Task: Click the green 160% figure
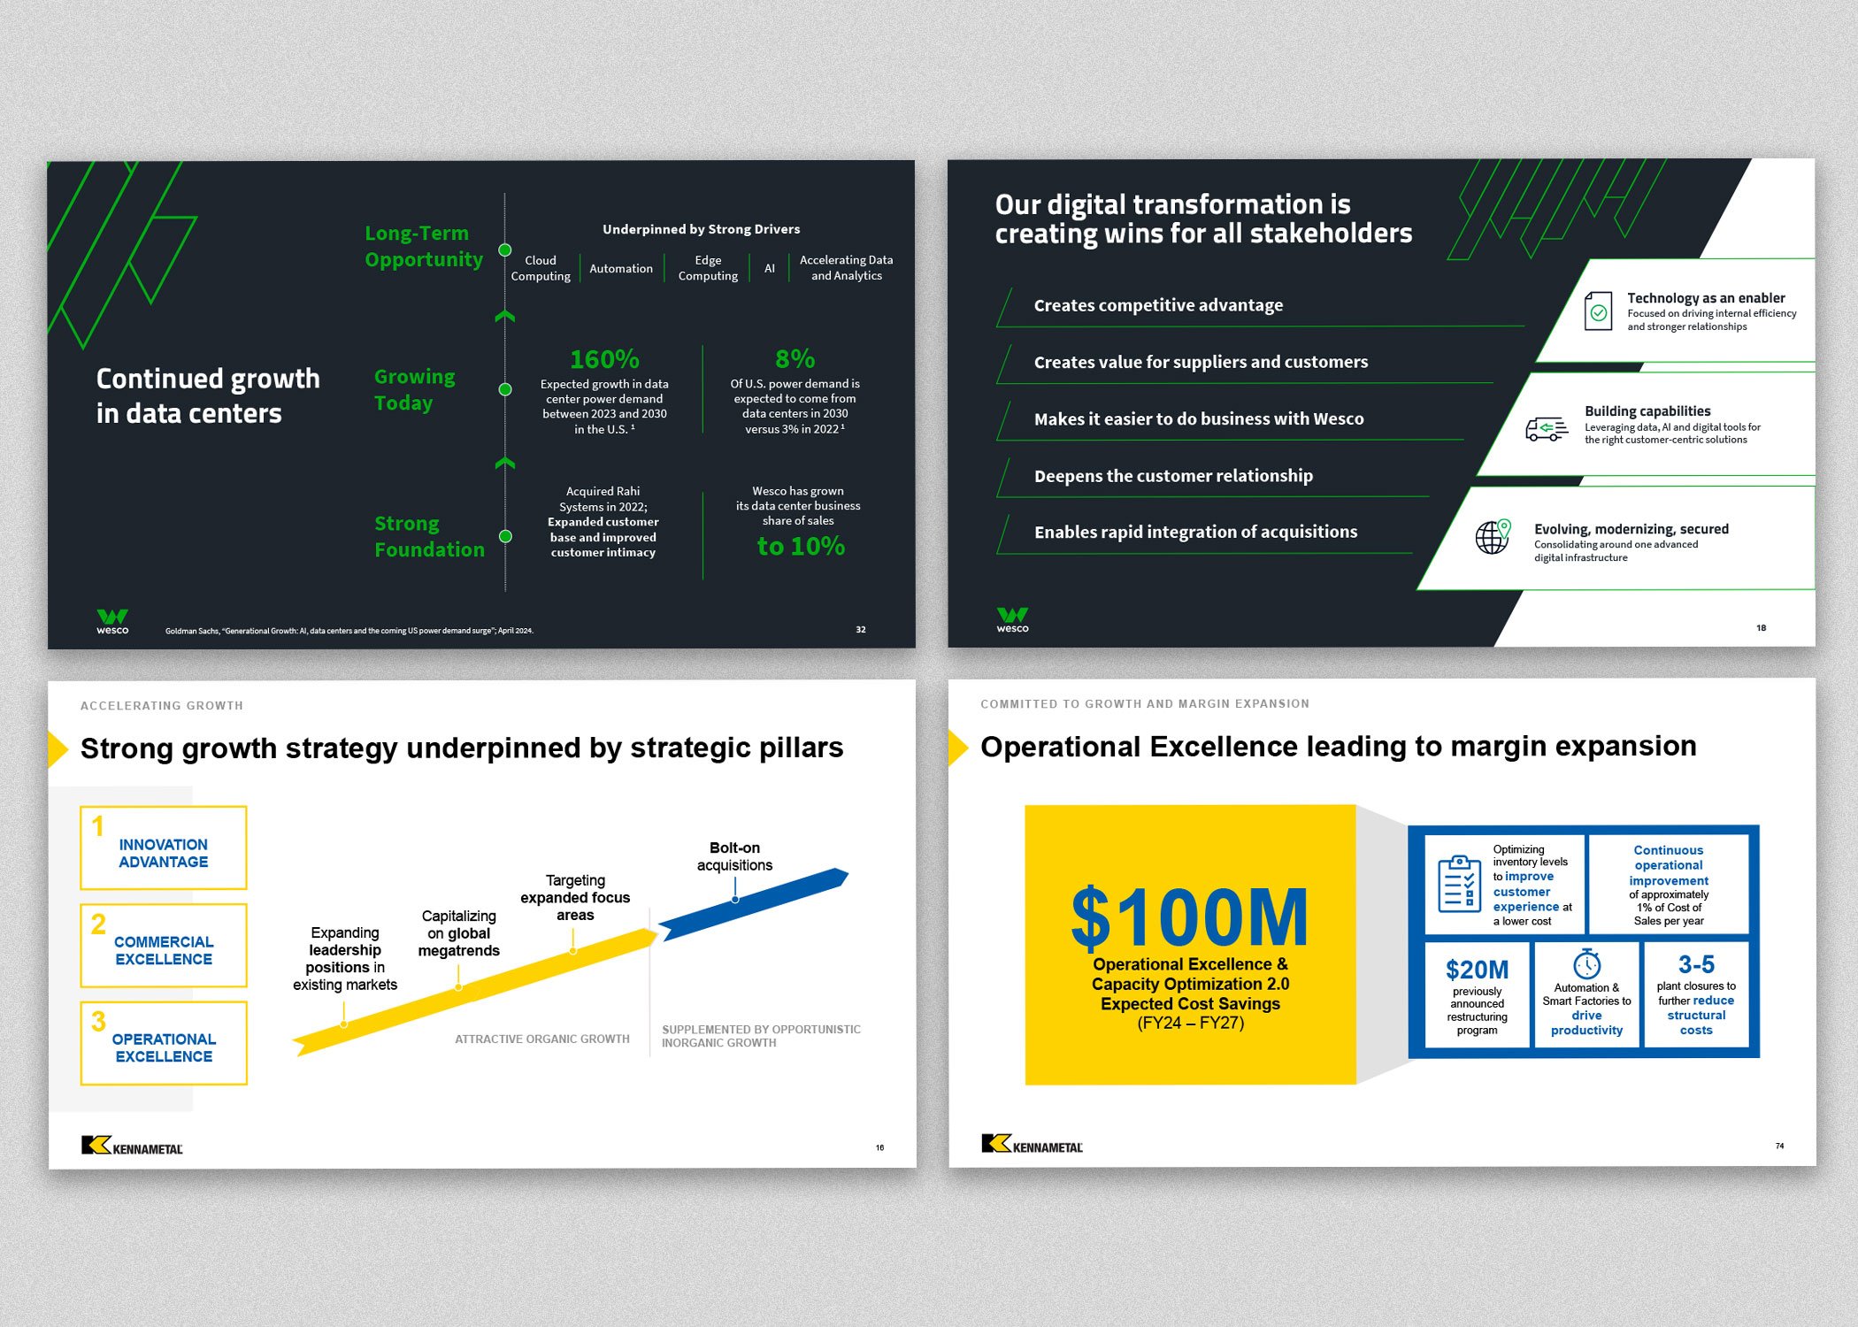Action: (x=604, y=359)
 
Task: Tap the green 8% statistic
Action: (x=795, y=359)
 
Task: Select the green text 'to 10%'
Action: (x=801, y=547)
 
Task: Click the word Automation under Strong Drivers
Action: (x=620, y=268)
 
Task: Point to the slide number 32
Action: (x=861, y=630)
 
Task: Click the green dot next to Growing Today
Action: (x=505, y=389)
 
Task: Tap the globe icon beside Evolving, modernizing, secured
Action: (x=1493, y=536)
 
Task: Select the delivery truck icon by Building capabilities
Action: (x=1547, y=429)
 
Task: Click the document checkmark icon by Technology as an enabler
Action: (x=1598, y=311)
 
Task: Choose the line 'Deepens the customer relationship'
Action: (x=1173, y=476)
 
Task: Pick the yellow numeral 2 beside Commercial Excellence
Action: (x=98, y=924)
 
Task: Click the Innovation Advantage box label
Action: (x=164, y=854)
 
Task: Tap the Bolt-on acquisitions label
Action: (x=734, y=856)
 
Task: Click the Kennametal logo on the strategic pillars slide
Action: (x=132, y=1146)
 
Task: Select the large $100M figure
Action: (x=1189, y=918)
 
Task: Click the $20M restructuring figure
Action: (x=1477, y=970)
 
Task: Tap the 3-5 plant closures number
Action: (x=1696, y=964)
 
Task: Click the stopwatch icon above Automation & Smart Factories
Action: (x=1586, y=963)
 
